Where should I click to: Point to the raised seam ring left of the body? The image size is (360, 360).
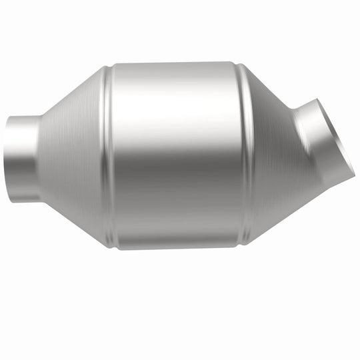pyautogui.click(x=106, y=156)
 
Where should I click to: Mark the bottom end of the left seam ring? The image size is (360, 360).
pyautogui.click(x=108, y=245)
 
